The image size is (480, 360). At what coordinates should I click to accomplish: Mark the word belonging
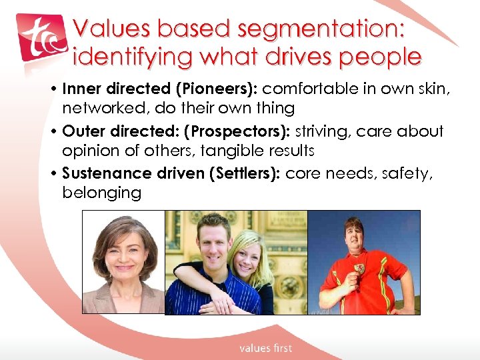[x=101, y=193]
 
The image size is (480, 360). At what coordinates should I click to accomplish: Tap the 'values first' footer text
[x=265, y=347]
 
